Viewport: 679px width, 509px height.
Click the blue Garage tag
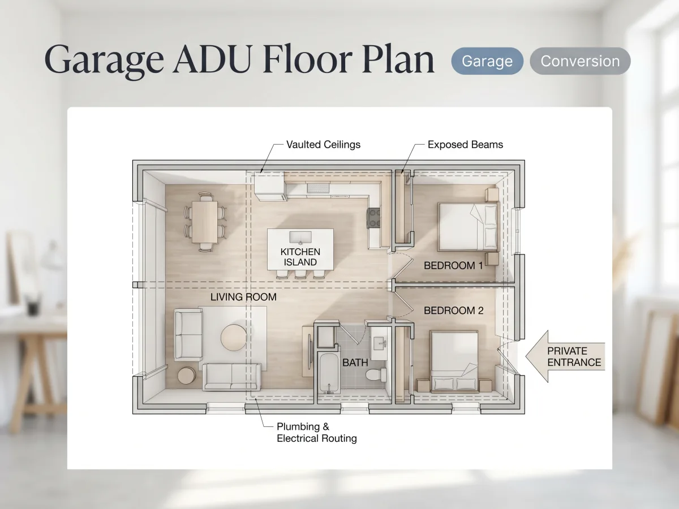pyautogui.click(x=487, y=61)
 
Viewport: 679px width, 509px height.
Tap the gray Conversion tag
pyautogui.click(x=580, y=61)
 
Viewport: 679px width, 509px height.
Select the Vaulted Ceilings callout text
pyautogui.click(x=323, y=145)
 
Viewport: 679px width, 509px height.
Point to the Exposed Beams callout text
pyautogui.click(x=465, y=145)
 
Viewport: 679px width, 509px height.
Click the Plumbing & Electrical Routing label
pyautogui.click(x=316, y=432)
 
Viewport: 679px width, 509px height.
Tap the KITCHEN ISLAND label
pyautogui.click(x=300, y=257)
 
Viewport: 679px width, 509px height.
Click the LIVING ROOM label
pyautogui.click(x=243, y=297)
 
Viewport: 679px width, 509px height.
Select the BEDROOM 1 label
pyautogui.click(x=453, y=265)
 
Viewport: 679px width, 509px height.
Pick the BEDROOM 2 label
pyautogui.click(x=453, y=310)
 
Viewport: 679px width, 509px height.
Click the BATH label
pyautogui.click(x=355, y=363)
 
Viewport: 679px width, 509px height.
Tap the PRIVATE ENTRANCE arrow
pyautogui.click(x=565, y=356)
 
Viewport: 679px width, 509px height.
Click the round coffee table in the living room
pyautogui.click(x=234, y=337)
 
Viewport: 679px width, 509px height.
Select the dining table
pyautogui.click(x=204, y=222)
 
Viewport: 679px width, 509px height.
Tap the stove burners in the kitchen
pyautogui.click(x=373, y=218)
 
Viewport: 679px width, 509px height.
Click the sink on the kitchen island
pyautogui.click(x=300, y=238)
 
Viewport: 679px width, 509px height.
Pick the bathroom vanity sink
pyautogui.click(x=380, y=344)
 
